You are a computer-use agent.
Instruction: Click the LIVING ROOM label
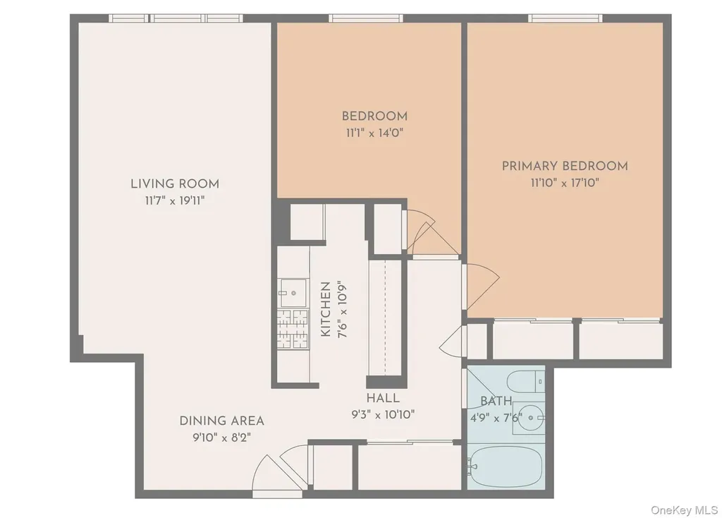[175, 184]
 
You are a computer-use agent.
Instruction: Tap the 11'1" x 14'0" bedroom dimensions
[375, 133]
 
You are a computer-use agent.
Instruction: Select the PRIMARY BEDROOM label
[565, 166]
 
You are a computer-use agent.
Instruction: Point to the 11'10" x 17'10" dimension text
[565, 183]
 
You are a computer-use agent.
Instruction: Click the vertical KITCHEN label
[326, 309]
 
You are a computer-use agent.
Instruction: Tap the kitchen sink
[293, 293]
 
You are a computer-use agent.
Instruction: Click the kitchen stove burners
[293, 329]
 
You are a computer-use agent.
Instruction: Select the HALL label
[383, 398]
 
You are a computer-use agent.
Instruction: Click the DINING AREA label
[222, 421]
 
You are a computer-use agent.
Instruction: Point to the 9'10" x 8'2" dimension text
[222, 438]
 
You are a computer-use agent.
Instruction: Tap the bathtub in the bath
[506, 466]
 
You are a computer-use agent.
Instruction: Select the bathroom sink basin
[530, 418]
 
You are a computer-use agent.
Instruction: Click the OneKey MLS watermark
[684, 510]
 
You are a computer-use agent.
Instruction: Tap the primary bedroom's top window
[565, 18]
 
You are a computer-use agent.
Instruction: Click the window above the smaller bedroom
[366, 18]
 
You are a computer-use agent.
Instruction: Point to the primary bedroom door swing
[481, 287]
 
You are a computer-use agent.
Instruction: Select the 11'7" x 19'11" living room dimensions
[175, 201]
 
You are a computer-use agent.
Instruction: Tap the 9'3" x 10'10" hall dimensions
[383, 415]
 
